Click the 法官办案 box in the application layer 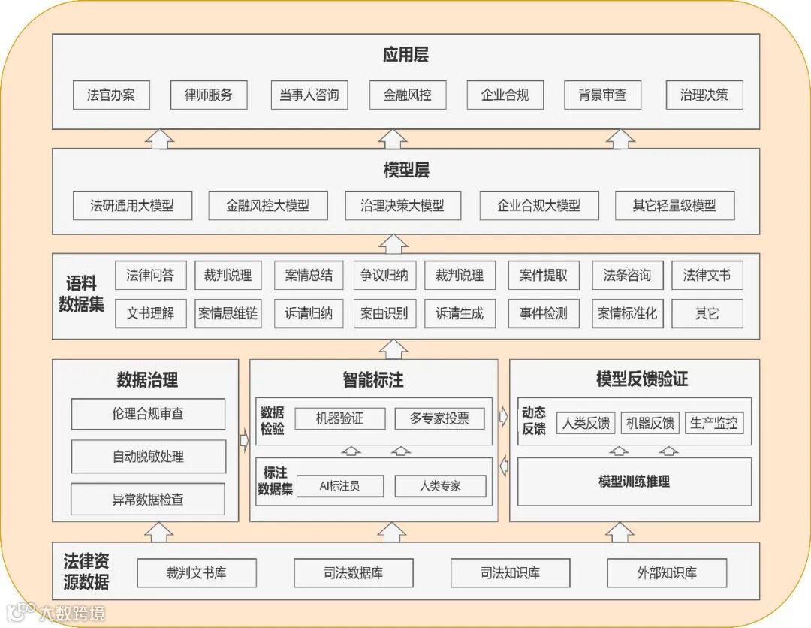tap(112, 95)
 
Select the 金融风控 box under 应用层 tap(408, 95)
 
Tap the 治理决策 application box tap(704, 95)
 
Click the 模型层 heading tap(405, 171)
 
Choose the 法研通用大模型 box tap(132, 205)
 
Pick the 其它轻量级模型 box tap(674, 205)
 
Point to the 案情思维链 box tap(228, 313)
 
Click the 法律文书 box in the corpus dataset tap(707, 275)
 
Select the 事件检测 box tap(544, 313)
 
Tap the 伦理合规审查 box tap(148, 414)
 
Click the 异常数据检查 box tap(148, 499)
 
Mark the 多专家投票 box tap(440, 418)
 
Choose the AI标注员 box tap(339, 486)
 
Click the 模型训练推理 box tap(635, 482)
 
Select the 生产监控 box tap(713, 423)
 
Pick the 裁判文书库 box tap(197, 573)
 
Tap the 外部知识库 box tap(667, 573)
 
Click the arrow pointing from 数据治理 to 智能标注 tap(244, 440)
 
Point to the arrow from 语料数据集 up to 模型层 tap(393, 243)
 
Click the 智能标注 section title tap(373, 380)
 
